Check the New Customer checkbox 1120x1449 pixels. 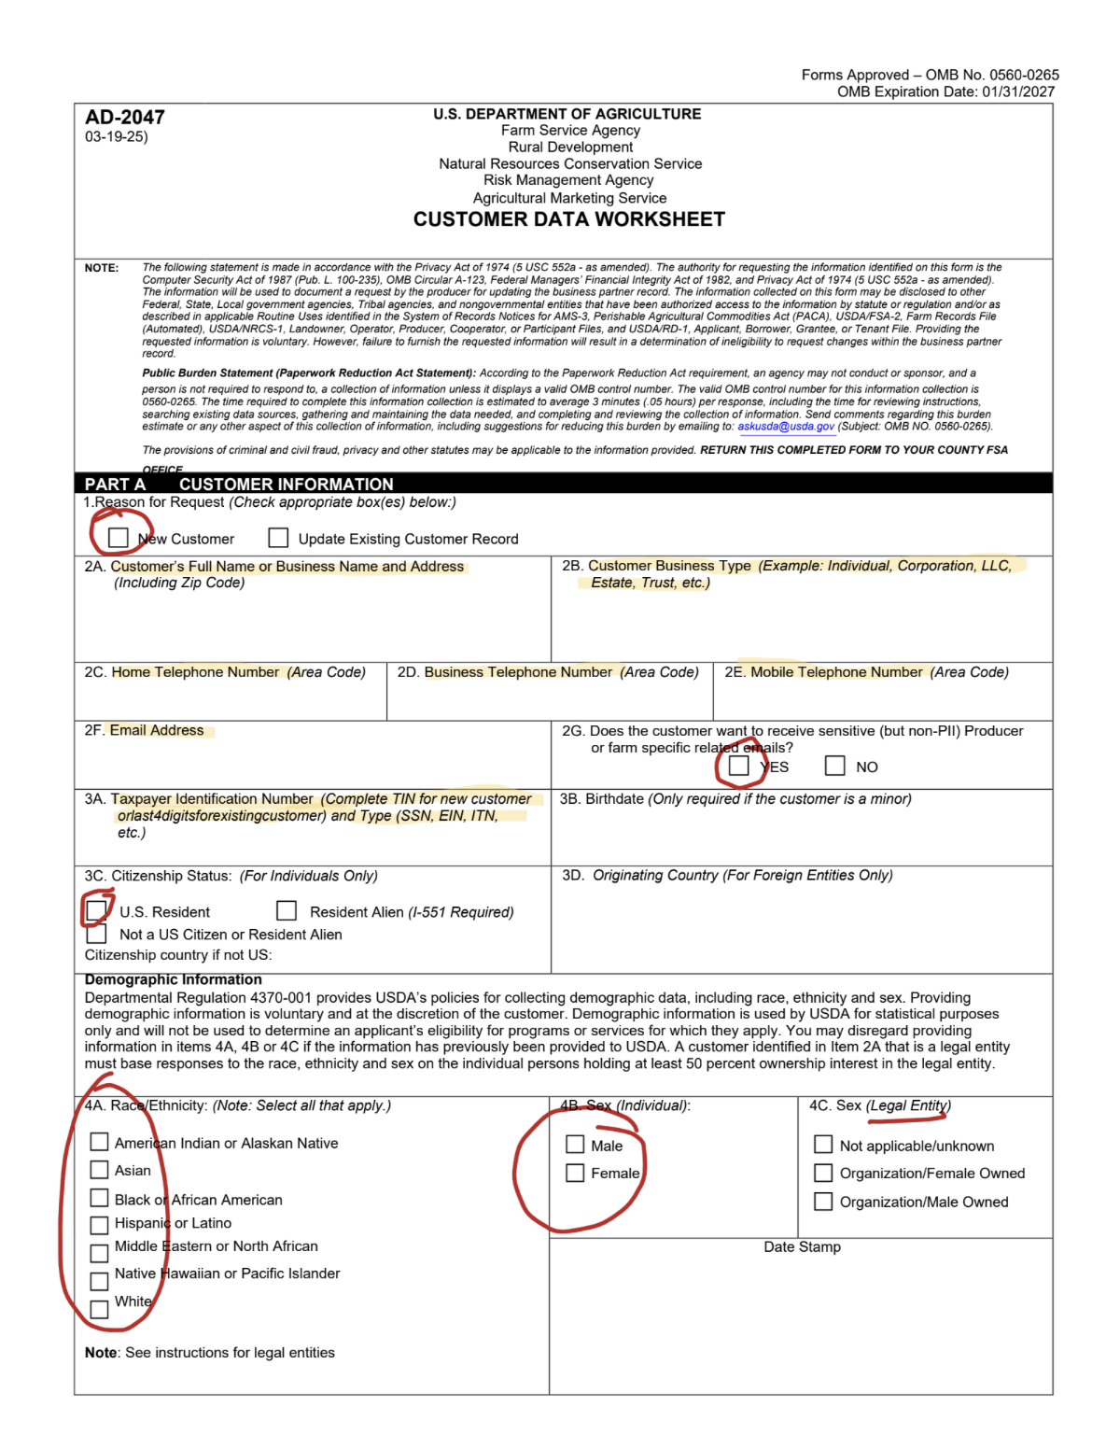pyautogui.click(x=118, y=538)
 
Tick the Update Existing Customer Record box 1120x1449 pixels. pyautogui.click(x=278, y=538)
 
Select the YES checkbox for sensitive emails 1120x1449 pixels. pyautogui.click(x=739, y=766)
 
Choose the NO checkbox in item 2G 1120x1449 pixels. pyautogui.click(x=835, y=766)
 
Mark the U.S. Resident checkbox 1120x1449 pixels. pyautogui.click(x=96, y=910)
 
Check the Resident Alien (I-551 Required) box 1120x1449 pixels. pyautogui.click(x=287, y=910)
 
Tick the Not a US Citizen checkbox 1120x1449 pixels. pyautogui.click(x=96, y=934)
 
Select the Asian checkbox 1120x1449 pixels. pyautogui.click(x=99, y=1169)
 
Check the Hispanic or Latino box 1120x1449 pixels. pyautogui.click(x=99, y=1224)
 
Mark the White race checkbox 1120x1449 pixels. pyautogui.click(x=99, y=1309)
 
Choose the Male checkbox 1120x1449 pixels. pyautogui.click(x=575, y=1145)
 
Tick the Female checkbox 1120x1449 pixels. pyautogui.click(x=575, y=1173)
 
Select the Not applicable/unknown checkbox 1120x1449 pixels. pyautogui.click(x=823, y=1145)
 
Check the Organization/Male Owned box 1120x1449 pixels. pyautogui.click(x=823, y=1202)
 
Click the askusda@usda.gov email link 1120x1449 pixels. pyautogui.click(x=786, y=427)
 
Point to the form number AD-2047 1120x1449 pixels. pyautogui.click(x=125, y=118)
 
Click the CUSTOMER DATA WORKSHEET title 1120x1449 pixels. pyautogui.click(x=569, y=219)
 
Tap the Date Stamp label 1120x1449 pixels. pyautogui.click(x=802, y=1247)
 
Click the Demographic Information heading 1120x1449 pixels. pyautogui.click(x=174, y=979)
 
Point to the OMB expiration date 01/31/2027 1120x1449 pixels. pyautogui.click(x=1018, y=91)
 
